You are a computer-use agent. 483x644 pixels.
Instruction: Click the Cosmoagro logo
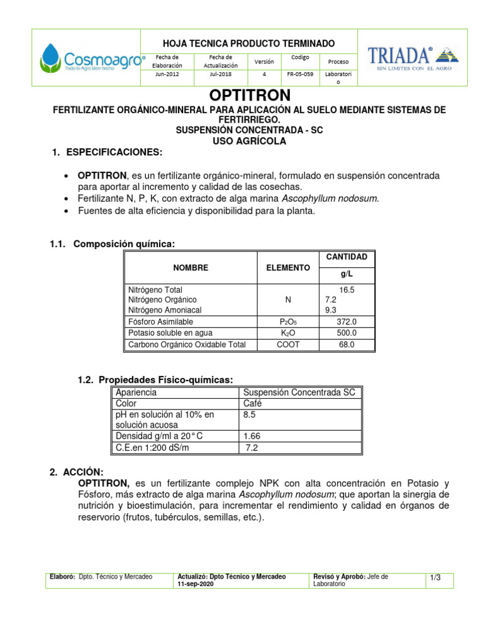[92, 58]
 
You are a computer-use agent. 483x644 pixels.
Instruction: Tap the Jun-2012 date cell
[169, 74]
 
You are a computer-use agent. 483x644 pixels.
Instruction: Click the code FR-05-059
[299, 74]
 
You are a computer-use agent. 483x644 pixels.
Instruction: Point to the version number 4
[264, 74]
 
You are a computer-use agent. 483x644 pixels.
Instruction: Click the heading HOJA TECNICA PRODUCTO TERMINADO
[248, 43]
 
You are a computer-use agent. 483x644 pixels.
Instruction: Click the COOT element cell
[288, 345]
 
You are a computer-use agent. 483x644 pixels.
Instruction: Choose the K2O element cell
[288, 333]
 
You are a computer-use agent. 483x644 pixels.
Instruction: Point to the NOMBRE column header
[191, 268]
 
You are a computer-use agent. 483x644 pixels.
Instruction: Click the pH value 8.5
[250, 415]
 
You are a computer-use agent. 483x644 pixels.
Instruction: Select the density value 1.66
[252, 435]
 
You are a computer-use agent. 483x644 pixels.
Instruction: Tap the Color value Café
[252, 404]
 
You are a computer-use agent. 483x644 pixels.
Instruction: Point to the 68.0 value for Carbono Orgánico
[347, 345]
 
